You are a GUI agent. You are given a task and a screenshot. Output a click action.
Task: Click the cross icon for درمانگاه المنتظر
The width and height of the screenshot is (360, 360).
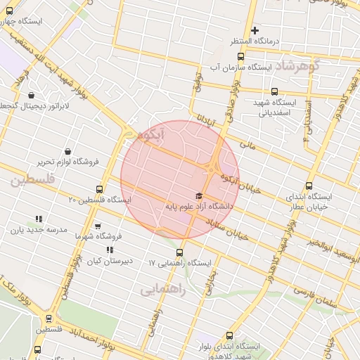[x=255, y=30]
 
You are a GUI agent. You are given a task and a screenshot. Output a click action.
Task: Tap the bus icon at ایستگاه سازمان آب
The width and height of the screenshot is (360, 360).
[x=240, y=57]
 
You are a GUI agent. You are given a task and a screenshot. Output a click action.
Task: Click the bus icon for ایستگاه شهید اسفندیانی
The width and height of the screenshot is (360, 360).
[x=274, y=91]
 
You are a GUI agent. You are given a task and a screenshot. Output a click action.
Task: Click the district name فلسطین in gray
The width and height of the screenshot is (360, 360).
[x=32, y=180]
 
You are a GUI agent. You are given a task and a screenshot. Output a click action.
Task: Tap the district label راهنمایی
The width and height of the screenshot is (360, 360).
[x=162, y=289]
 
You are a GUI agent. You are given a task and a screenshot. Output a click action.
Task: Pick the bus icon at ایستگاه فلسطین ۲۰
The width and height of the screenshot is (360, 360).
[x=99, y=189]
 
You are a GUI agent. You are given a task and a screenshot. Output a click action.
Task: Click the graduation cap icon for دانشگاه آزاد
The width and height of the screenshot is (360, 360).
[x=199, y=195]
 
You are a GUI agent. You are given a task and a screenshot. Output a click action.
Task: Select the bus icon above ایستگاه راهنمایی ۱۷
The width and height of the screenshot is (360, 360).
[x=179, y=252]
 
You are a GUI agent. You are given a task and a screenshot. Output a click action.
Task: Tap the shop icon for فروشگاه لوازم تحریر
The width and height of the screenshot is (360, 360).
[x=67, y=150]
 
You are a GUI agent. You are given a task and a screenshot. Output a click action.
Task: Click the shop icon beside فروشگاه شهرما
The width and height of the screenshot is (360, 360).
[x=98, y=226]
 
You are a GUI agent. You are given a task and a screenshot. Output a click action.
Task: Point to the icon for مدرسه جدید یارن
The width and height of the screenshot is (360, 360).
[x=38, y=219]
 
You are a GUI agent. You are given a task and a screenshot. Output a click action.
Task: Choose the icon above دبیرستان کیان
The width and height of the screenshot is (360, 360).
[x=110, y=250]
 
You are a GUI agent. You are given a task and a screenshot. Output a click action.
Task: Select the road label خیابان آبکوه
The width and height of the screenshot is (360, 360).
[x=237, y=182]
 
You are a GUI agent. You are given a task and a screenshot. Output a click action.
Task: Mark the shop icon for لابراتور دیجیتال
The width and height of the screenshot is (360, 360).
[x=31, y=94]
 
